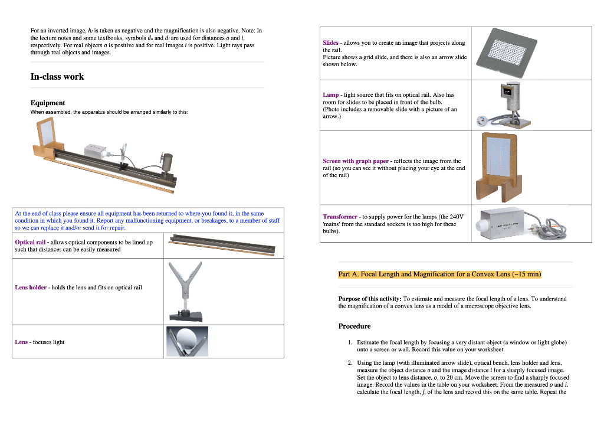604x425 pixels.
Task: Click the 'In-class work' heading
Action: [57, 77]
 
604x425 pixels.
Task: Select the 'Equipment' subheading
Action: [48, 103]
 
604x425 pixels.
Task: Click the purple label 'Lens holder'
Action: [31, 287]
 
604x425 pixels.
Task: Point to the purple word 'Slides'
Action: [330, 43]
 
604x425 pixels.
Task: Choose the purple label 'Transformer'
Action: [340, 217]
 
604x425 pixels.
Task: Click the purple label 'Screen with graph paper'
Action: [356, 161]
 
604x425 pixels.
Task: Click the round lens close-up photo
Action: [187, 342]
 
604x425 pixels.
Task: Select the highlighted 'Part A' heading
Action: [439, 274]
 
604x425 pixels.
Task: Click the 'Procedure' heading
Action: [354, 326]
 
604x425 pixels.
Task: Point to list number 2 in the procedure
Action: [350, 363]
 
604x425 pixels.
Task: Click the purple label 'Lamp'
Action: [330, 94]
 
